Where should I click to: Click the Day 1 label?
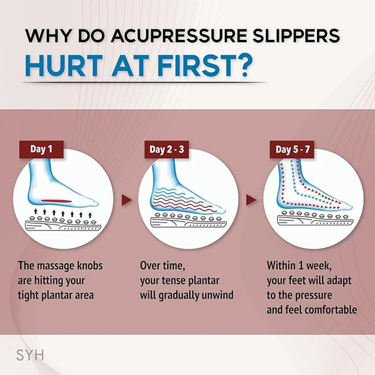pos(41,150)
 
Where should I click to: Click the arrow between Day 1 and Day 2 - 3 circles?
pos(126,200)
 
